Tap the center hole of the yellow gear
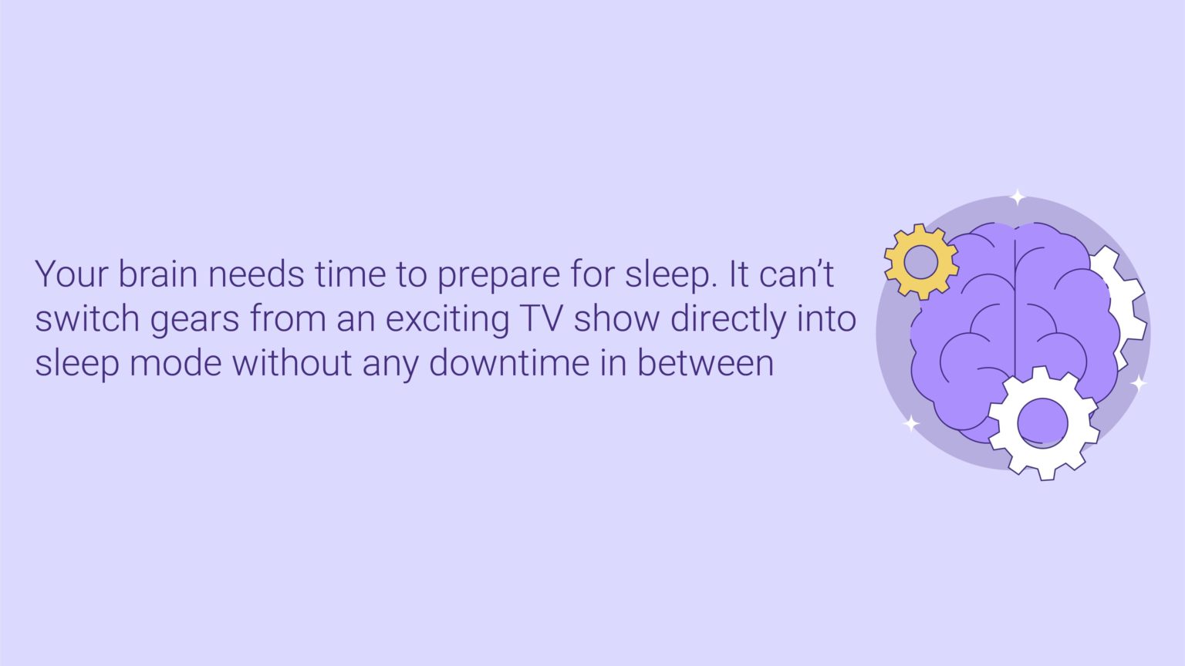920,262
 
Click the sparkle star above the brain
1018,197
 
